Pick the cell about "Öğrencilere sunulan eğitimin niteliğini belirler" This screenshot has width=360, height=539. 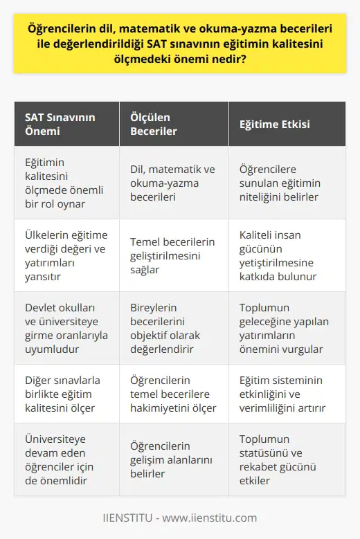(285, 182)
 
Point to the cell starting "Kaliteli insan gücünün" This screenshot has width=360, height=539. (285, 255)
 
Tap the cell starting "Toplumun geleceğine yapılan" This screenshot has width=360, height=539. (285, 327)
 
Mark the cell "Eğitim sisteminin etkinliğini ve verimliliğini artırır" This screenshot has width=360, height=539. (285, 394)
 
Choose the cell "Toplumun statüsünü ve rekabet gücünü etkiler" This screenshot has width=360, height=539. (285, 459)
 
